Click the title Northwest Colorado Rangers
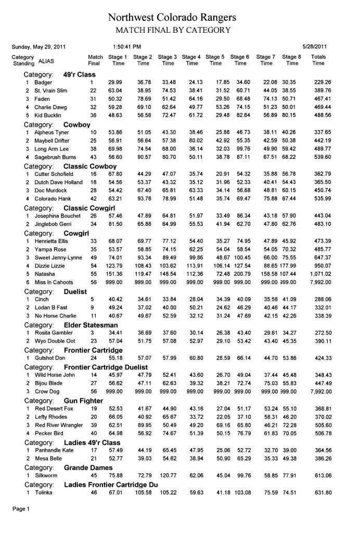click(172, 18)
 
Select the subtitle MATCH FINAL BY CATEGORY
click(172, 30)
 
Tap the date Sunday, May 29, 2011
click(38, 47)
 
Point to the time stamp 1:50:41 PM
click(127, 47)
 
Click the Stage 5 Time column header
click(215, 60)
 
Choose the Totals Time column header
click(318, 60)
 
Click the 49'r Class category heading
click(80, 74)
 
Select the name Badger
click(43, 83)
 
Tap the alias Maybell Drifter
click(52, 141)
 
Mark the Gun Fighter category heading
click(83, 401)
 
